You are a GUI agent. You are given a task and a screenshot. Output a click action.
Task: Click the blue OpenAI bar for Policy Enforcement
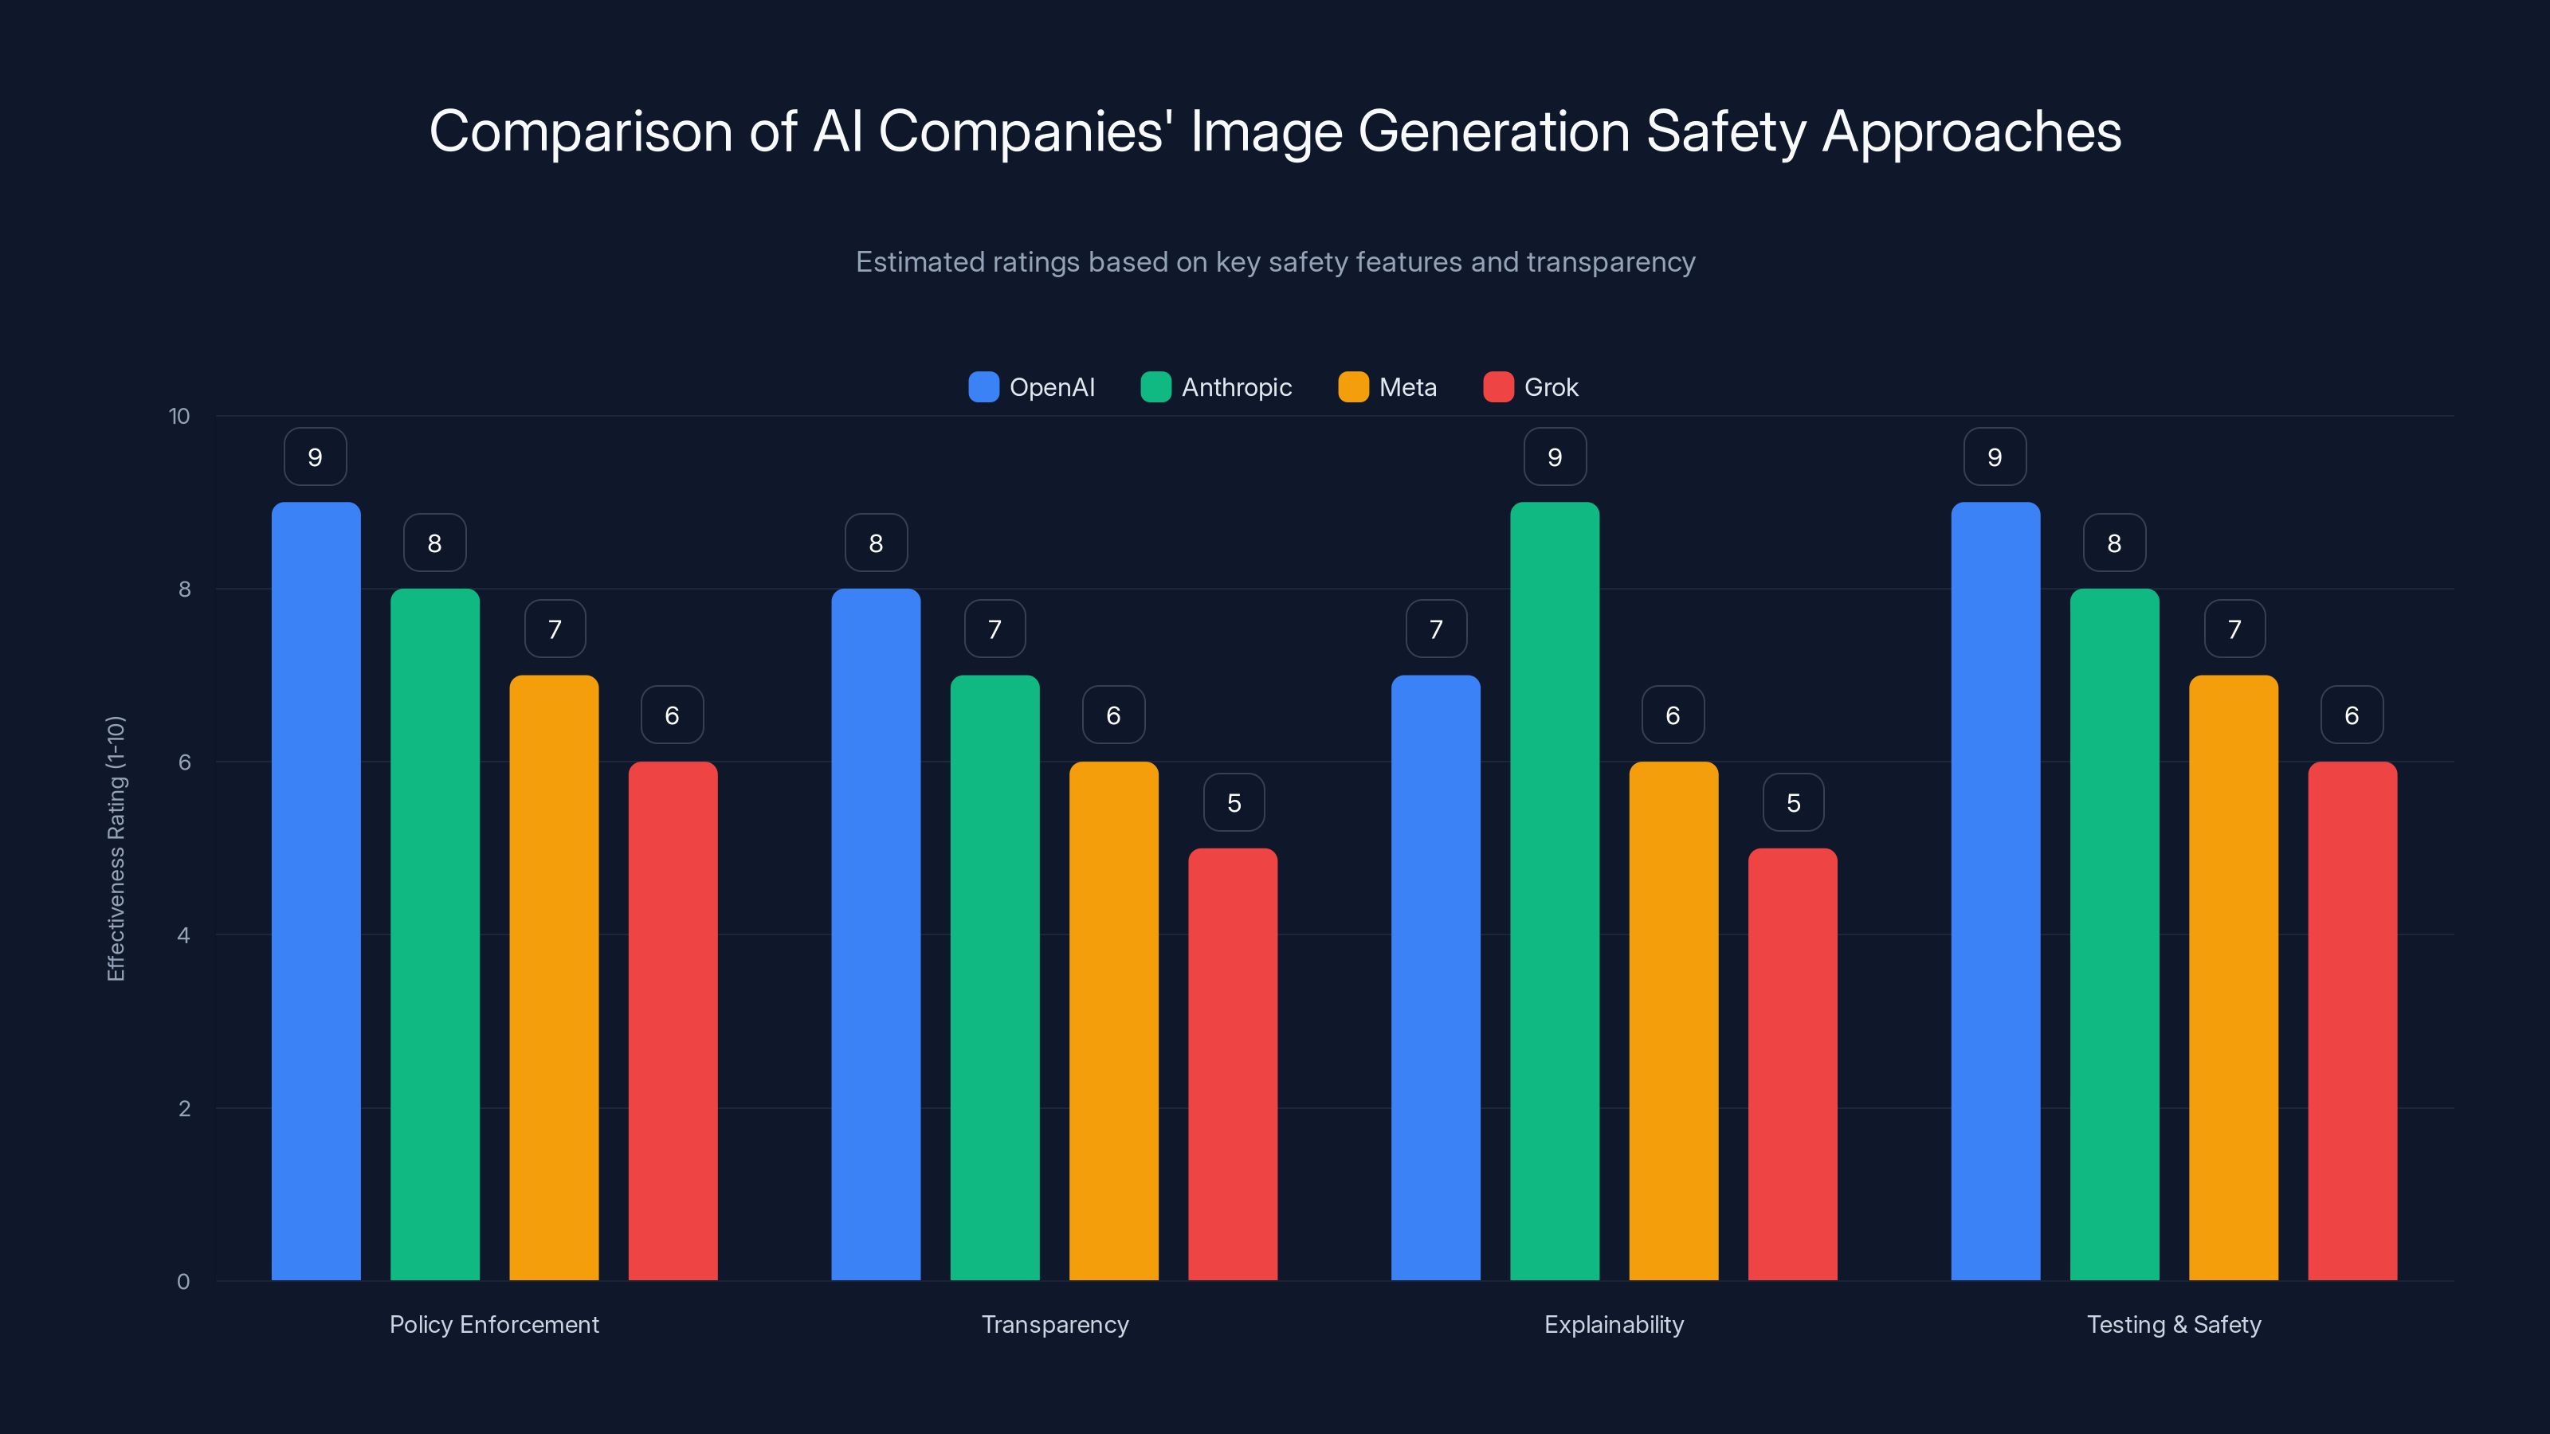316,891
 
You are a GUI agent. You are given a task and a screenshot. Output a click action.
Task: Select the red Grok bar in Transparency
1233,1064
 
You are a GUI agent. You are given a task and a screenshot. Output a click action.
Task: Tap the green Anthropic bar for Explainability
1554,891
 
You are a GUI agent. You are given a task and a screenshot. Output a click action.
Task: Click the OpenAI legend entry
1033,387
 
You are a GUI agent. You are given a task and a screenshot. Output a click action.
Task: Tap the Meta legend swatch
1353,387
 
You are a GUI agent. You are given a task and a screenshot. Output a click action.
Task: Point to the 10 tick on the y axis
179,416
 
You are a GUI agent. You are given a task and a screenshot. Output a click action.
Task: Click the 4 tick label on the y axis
184,935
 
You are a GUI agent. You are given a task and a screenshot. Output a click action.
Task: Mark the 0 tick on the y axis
184,1282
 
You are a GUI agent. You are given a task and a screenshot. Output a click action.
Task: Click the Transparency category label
1054,1324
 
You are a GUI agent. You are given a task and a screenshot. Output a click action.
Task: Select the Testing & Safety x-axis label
2174,1324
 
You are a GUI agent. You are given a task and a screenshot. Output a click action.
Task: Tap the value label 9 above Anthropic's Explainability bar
1554,457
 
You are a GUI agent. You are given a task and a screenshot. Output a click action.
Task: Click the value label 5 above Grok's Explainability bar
1793,802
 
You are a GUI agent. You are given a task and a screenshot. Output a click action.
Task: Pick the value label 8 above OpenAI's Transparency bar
876,543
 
